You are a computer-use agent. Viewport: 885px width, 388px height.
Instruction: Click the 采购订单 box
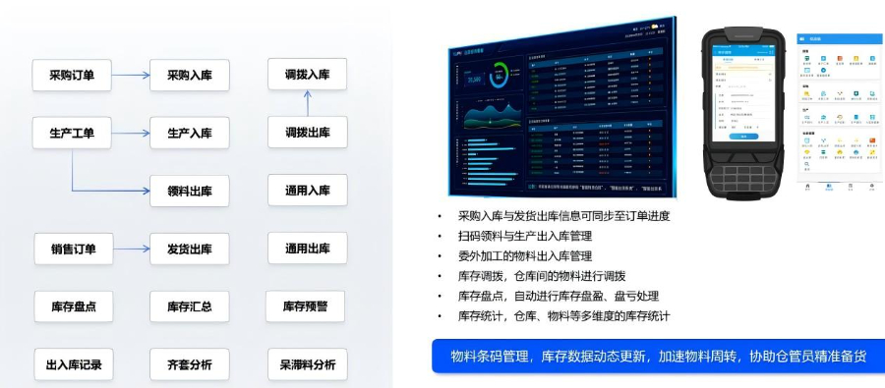pyautogui.click(x=72, y=75)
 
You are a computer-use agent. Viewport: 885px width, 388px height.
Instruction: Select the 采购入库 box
pyautogui.click(x=190, y=75)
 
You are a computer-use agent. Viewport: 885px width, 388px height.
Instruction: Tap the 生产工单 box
pyautogui.click(x=72, y=133)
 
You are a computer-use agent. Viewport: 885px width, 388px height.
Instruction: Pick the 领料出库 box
pyautogui.click(x=190, y=191)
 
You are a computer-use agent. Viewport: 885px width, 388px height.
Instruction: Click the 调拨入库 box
pyautogui.click(x=307, y=75)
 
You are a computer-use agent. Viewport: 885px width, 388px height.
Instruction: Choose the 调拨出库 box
pyautogui.click(x=307, y=133)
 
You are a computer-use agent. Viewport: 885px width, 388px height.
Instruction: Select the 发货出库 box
pyautogui.click(x=190, y=249)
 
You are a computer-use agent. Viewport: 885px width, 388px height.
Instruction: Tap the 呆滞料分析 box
pyautogui.click(x=307, y=364)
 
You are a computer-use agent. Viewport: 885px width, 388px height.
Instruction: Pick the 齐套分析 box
pyautogui.click(x=189, y=364)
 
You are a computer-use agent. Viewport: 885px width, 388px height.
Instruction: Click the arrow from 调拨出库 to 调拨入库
pyautogui.click(x=307, y=103)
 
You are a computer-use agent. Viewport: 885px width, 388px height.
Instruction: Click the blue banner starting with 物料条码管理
pyautogui.click(x=658, y=356)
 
